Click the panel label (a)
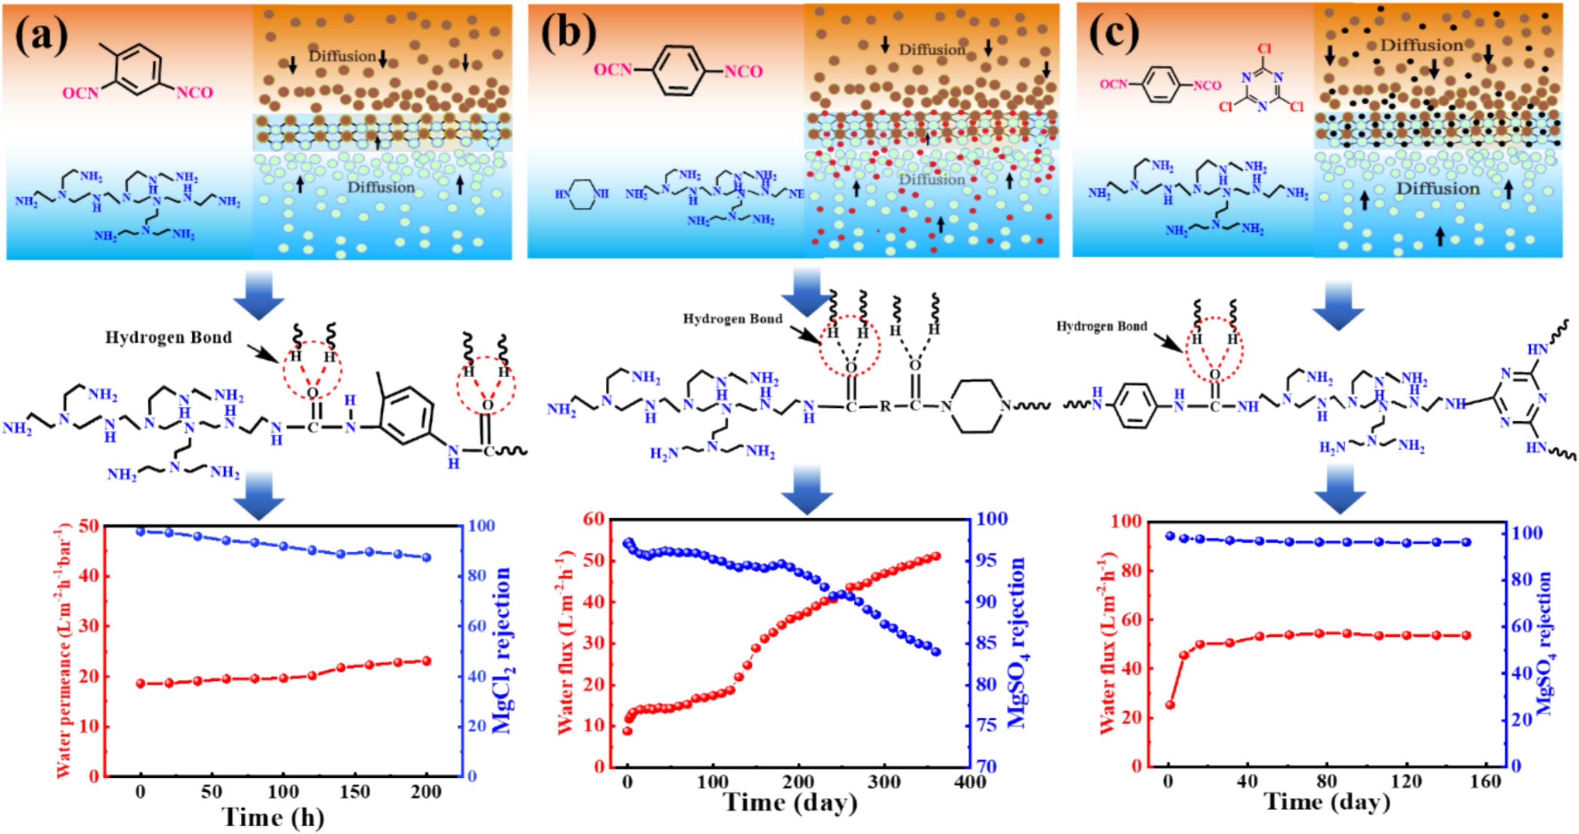[42, 37]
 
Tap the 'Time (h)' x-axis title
[273, 817]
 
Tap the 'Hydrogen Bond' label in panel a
[169, 337]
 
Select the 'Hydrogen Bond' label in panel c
[1101, 326]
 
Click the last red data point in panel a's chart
[427, 661]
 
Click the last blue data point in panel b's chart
[936, 652]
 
